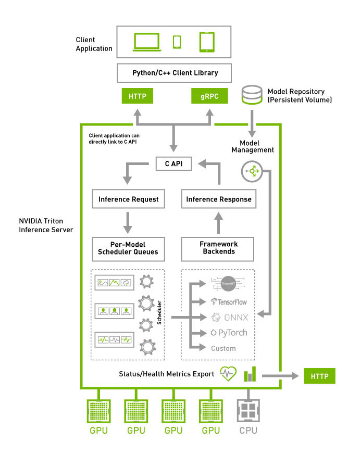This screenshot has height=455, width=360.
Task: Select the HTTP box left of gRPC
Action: click(x=137, y=96)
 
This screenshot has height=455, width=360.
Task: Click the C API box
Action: click(x=174, y=163)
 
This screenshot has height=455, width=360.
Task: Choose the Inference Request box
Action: click(x=128, y=199)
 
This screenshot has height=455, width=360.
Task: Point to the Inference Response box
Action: click(x=218, y=199)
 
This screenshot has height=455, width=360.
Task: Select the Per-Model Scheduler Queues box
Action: click(x=128, y=248)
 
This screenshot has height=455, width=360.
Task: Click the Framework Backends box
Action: click(x=218, y=248)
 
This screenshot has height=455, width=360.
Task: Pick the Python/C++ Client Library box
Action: click(x=174, y=72)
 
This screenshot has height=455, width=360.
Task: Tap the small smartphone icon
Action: click(x=177, y=42)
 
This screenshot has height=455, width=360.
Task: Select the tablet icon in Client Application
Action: click(x=206, y=42)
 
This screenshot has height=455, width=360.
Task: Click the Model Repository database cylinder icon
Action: click(x=252, y=95)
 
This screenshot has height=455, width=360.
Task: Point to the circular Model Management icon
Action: click(x=253, y=171)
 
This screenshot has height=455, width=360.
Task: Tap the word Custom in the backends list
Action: click(x=223, y=348)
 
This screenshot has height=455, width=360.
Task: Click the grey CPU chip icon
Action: click(x=248, y=411)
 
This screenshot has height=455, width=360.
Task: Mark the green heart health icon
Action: click(x=228, y=374)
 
